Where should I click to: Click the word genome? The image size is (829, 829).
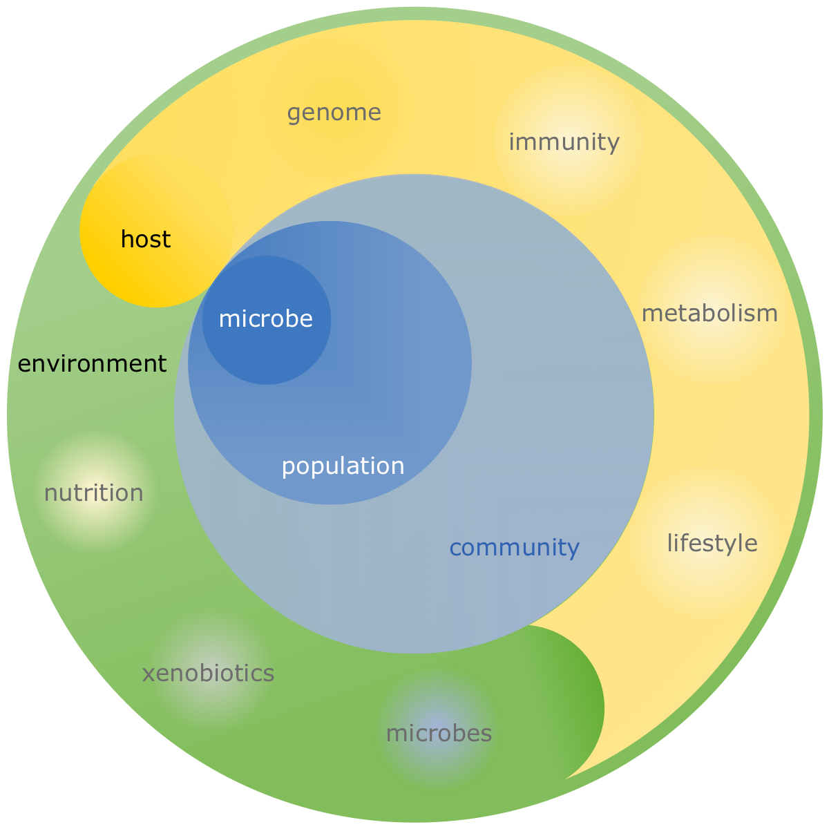(x=334, y=113)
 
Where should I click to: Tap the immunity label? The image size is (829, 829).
(x=564, y=142)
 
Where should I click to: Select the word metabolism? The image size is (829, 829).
(x=709, y=314)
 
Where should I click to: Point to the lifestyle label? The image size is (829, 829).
(x=712, y=543)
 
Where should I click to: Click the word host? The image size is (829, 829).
(x=146, y=240)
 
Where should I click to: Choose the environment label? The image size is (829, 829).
(x=92, y=363)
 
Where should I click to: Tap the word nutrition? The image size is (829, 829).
(x=93, y=493)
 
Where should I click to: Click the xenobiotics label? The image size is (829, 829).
(x=208, y=673)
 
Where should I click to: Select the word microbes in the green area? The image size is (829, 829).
(x=439, y=733)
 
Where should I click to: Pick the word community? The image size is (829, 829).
(x=514, y=548)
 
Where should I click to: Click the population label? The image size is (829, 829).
(x=343, y=466)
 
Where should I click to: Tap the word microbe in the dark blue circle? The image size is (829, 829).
(x=265, y=319)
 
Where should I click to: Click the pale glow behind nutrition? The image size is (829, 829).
(x=93, y=518)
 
